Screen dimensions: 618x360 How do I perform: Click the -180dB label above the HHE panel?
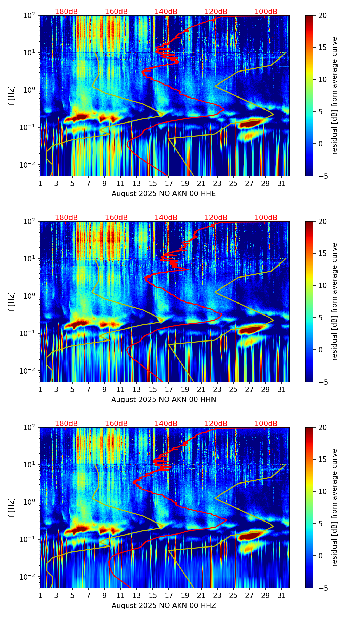[65, 12]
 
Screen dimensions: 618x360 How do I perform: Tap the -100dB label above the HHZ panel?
[265, 424]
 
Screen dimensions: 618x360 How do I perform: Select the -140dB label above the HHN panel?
[165, 218]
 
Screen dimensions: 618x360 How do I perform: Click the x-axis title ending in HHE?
[164, 194]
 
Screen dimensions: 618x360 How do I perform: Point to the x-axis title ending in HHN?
[164, 400]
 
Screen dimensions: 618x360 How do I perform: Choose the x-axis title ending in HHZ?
[164, 606]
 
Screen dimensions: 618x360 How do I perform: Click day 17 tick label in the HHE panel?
[169, 183]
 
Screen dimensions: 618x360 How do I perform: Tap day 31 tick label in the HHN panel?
[282, 389]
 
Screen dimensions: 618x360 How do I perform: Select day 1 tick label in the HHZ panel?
[40, 595]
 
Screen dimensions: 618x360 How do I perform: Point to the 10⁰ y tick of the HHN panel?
[31, 296]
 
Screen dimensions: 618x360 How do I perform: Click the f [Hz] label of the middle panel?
[12, 301]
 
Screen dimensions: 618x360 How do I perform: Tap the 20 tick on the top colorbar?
[322, 15]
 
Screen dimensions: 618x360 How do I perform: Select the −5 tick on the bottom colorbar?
[322, 588]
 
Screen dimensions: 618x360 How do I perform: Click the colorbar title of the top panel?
[334, 95]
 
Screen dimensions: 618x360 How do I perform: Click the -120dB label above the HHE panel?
[215, 12]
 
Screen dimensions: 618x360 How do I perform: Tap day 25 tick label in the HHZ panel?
[233, 595]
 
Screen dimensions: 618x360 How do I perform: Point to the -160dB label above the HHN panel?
[115, 218]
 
